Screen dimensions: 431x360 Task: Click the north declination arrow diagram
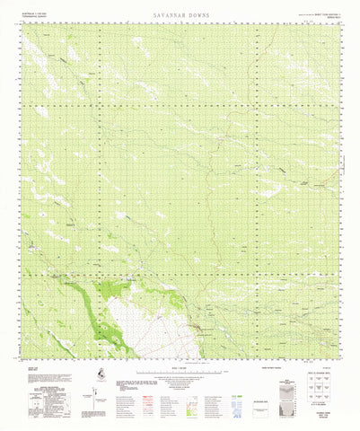pyautogui.click(x=79, y=395)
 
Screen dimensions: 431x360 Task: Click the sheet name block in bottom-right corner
pyautogui.click(x=315, y=416)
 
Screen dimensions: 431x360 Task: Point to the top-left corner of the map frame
pyautogui.click(x=24, y=23)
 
